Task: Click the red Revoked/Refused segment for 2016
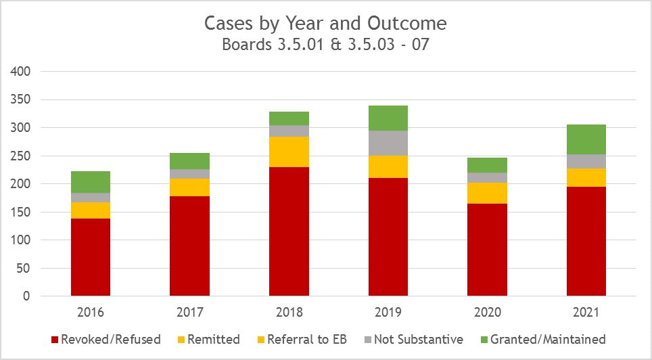click(x=91, y=257)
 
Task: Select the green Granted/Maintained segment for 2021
click(x=586, y=139)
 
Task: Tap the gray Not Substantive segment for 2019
click(x=388, y=143)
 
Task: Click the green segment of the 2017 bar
click(x=189, y=161)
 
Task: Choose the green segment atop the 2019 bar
click(x=388, y=118)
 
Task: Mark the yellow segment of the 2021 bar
click(x=586, y=177)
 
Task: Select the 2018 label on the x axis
click(x=289, y=313)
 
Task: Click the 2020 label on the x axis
click(x=488, y=313)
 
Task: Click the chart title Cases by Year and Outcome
click(x=326, y=23)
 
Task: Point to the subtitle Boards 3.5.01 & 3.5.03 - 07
click(x=326, y=45)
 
